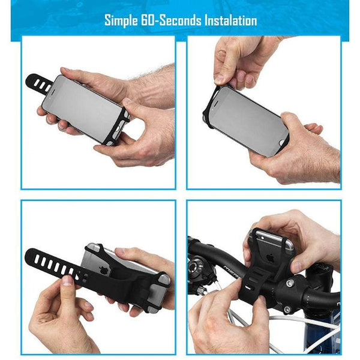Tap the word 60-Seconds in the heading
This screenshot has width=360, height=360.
point(173,20)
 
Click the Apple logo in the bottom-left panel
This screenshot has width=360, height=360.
point(104,269)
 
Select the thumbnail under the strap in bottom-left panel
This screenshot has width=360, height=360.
point(71,281)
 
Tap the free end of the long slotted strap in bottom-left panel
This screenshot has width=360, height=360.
point(33,258)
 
